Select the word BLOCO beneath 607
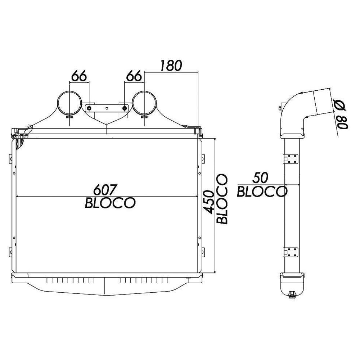[110, 203]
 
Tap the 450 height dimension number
[209, 202]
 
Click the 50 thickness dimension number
[262, 178]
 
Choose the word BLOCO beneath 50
[262, 192]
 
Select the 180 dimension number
[171, 66]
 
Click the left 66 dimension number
[79, 76]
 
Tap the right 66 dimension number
[134, 76]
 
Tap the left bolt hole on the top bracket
[89, 108]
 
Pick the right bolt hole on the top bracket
[125, 108]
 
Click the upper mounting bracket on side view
[291, 159]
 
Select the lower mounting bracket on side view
[291, 252]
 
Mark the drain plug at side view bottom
[292, 295]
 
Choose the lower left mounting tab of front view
[10, 252]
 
